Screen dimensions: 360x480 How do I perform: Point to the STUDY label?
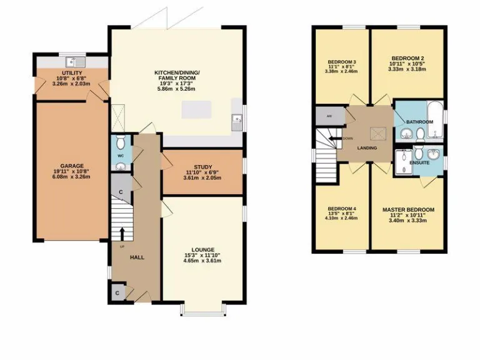tap(202, 166)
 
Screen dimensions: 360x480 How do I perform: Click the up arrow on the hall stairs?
tap(122, 233)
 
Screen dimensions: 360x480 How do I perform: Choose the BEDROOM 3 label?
tap(342, 62)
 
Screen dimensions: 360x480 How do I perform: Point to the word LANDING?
tap(366, 148)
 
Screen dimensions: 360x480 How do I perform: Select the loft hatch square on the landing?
tap(378, 132)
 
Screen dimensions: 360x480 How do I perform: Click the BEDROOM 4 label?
tap(342, 208)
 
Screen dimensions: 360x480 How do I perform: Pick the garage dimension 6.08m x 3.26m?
tap(71, 176)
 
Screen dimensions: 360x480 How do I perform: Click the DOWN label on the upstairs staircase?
tap(347, 138)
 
